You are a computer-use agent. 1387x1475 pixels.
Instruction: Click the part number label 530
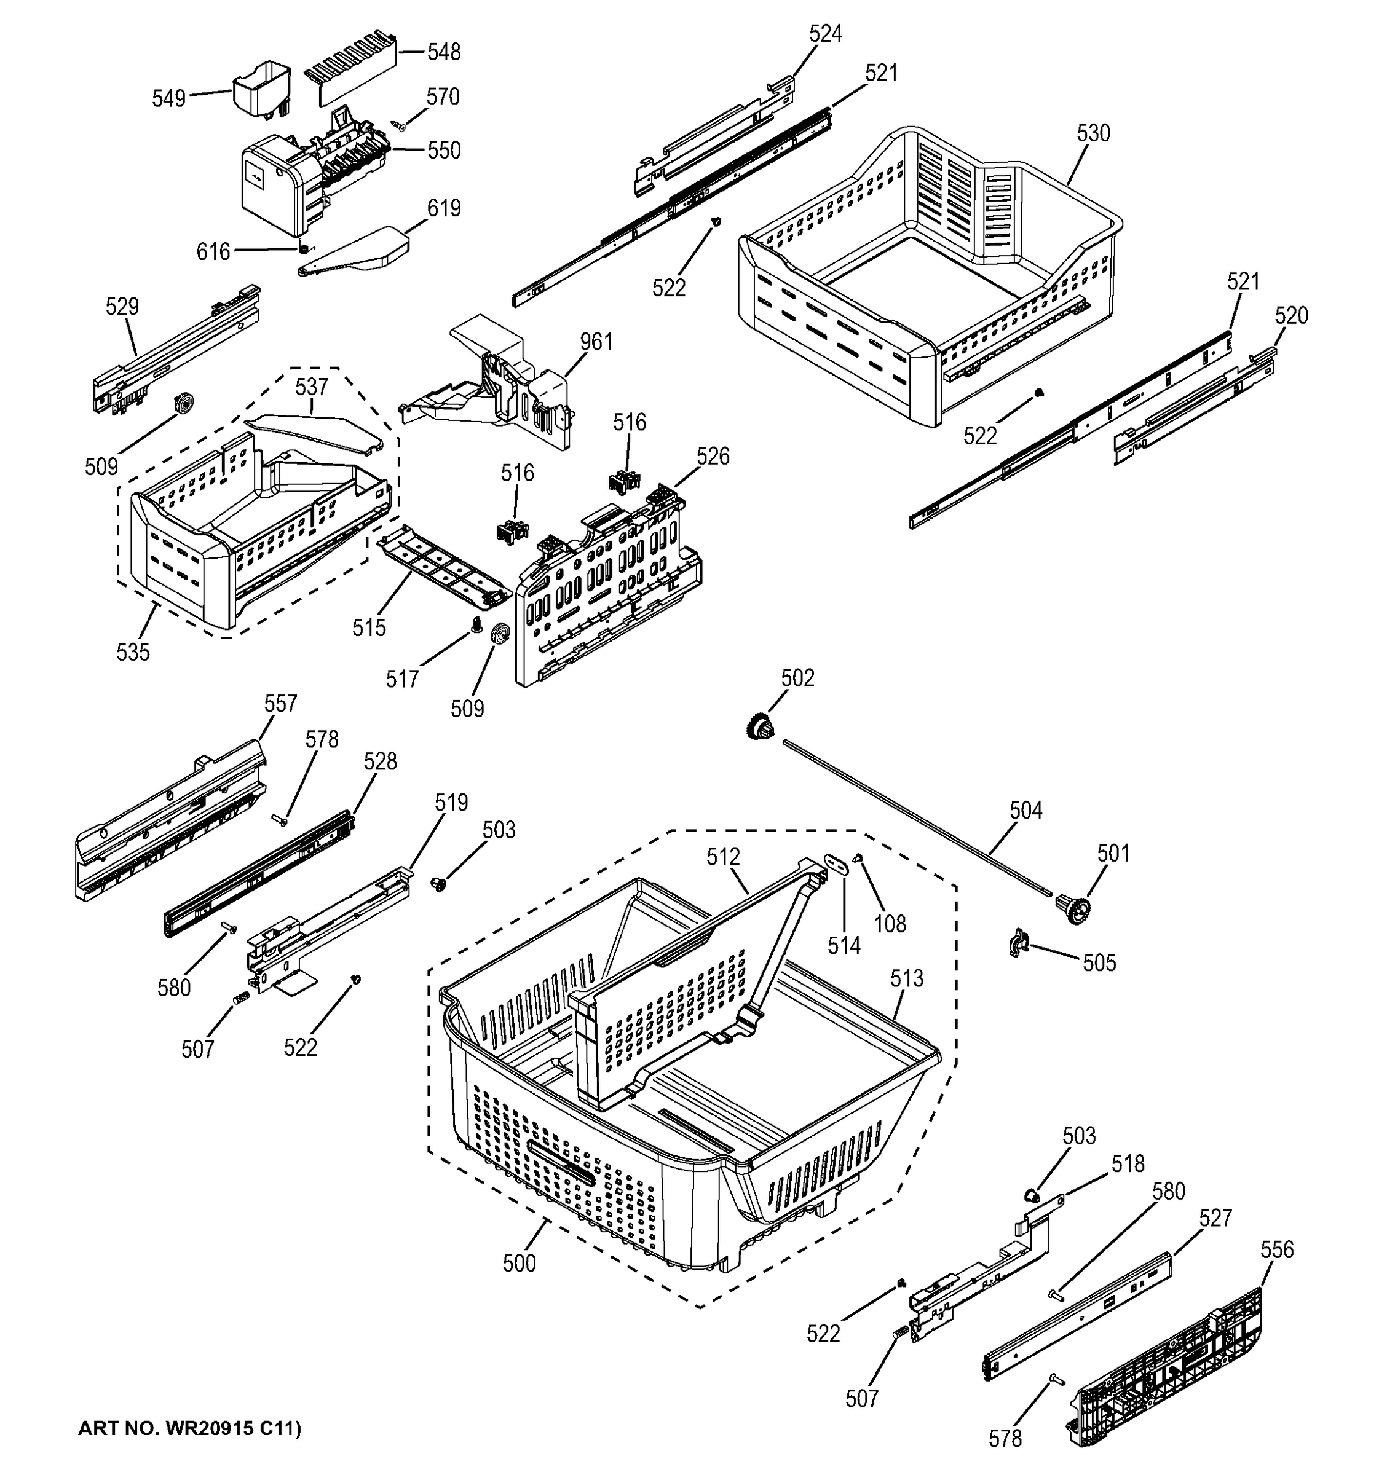tap(1093, 133)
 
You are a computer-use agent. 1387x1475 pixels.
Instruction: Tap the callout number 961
tap(596, 342)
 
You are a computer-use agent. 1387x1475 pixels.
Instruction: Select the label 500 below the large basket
tap(519, 1263)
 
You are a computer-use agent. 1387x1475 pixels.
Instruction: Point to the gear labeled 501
tap(1072, 908)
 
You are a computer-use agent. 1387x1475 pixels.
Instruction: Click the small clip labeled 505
tap(1018, 942)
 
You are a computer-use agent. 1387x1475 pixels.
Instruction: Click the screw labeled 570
tap(399, 125)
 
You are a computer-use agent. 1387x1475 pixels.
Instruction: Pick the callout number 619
tap(444, 208)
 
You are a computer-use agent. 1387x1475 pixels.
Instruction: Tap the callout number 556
tap(1276, 1249)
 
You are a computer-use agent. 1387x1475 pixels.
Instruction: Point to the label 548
tap(444, 52)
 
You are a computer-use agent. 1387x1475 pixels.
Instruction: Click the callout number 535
tap(133, 652)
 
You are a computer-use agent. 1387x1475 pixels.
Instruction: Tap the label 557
tap(280, 703)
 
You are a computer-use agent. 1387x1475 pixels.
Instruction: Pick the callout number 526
tap(713, 456)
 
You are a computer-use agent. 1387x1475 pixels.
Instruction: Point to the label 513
tap(907, 978)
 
